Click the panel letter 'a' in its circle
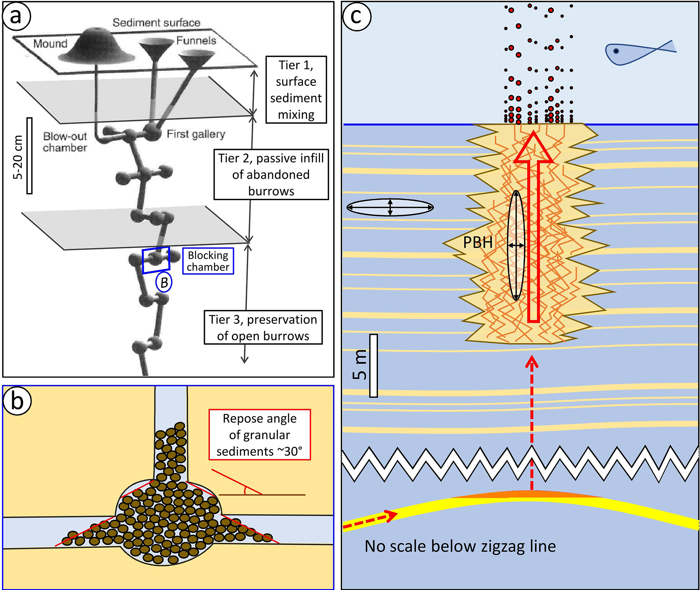(x=17, y=16)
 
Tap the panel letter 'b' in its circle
(x=17, y=401)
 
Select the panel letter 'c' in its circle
(x=357, y=16)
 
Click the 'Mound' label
(x=50, y=44)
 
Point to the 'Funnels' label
(x=196, y=41)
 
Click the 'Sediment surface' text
(x=156, y=23)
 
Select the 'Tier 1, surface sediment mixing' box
(x=296, y=90)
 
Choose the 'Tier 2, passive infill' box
(x=271, y=174)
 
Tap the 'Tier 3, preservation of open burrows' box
(x=263, y=328)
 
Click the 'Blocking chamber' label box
(x=208, y=261)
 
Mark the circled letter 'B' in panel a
(x=164, y=282)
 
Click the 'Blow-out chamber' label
(x=65, y=142)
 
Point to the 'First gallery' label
(x=196, y=134)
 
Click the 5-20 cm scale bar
(x=29, y=156)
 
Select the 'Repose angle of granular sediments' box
(x=259, y=435)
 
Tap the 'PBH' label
(x=478, y=243)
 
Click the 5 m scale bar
(x=373, y=366)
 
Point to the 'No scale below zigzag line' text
(x=460, y=546)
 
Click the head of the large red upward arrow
(x=533, y=149)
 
